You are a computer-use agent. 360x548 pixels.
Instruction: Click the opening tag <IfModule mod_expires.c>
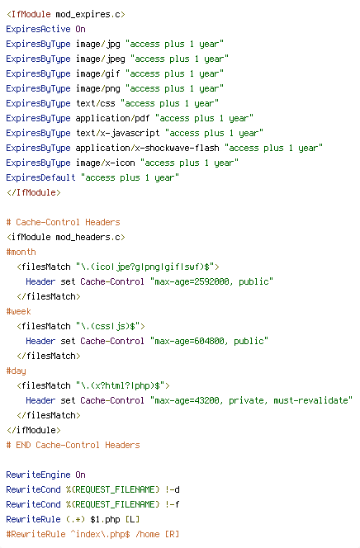(x=66, y=14)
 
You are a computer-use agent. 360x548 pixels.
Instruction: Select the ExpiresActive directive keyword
(x=38, y=29)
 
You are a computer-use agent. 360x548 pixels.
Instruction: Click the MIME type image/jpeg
(x=100, y=59)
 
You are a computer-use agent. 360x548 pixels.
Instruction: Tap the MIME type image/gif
(x=98, y=73)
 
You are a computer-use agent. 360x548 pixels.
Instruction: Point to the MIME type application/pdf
(x=112, y=119)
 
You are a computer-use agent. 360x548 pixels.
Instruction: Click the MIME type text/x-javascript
(x=117, y=133)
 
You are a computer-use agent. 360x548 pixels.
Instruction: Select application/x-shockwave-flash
(x=147, y=149)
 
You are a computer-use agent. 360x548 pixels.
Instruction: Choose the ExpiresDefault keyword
(x=40, y=177)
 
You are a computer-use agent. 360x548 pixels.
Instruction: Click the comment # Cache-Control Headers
(x=63, y=222)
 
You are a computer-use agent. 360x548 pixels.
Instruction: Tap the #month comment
(x=21, y=252)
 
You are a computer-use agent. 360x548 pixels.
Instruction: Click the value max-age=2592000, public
(x=211, y=281)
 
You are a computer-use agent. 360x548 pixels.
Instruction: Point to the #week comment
(x=18, y=311)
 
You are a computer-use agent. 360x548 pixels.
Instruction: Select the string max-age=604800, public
(x=209, y=341)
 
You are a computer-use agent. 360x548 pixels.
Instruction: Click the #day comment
(x=16, y=371)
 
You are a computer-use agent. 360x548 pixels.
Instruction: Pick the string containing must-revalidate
(x=251, y=400)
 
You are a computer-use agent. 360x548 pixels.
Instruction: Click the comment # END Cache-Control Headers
(x=73, y=445)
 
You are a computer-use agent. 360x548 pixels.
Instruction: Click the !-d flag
(x=173, y=489)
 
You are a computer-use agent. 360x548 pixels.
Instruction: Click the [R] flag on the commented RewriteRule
(x=173, y=534)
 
